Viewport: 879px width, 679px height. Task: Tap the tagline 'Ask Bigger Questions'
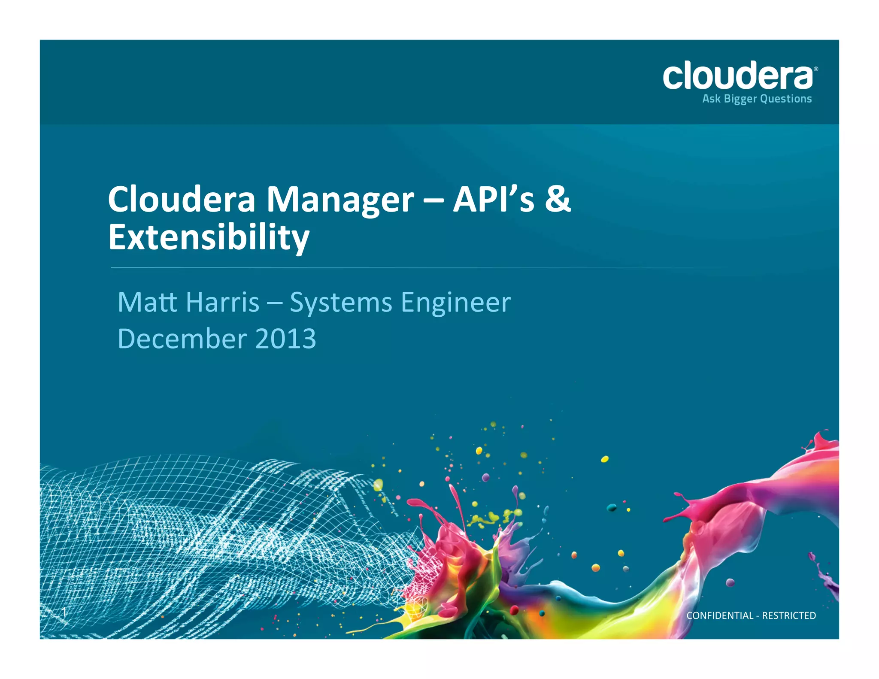click(757, 99)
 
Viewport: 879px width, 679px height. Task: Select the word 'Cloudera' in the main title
click(182, 200)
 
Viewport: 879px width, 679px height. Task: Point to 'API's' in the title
click(494, 200)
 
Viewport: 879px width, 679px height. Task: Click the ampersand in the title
click(558, 200)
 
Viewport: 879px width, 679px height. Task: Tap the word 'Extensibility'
click(209, 237)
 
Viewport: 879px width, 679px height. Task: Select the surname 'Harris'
click(223, 302)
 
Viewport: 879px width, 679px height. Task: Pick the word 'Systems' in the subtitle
click(341, 303)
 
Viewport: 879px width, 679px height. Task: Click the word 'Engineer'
click(456, 303)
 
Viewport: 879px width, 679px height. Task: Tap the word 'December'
click(182, 339)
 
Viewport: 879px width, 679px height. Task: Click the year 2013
click(285, 339)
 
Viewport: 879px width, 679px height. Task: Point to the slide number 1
click(64, 612)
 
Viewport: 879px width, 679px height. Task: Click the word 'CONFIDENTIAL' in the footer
click(720, 615)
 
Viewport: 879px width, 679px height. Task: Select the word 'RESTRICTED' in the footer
click(789, 615)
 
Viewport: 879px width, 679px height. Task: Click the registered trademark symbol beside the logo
click(815, 69)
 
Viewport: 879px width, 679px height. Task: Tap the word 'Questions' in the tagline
click(786, 99)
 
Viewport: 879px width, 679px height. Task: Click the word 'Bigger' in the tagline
click(740, 99)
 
